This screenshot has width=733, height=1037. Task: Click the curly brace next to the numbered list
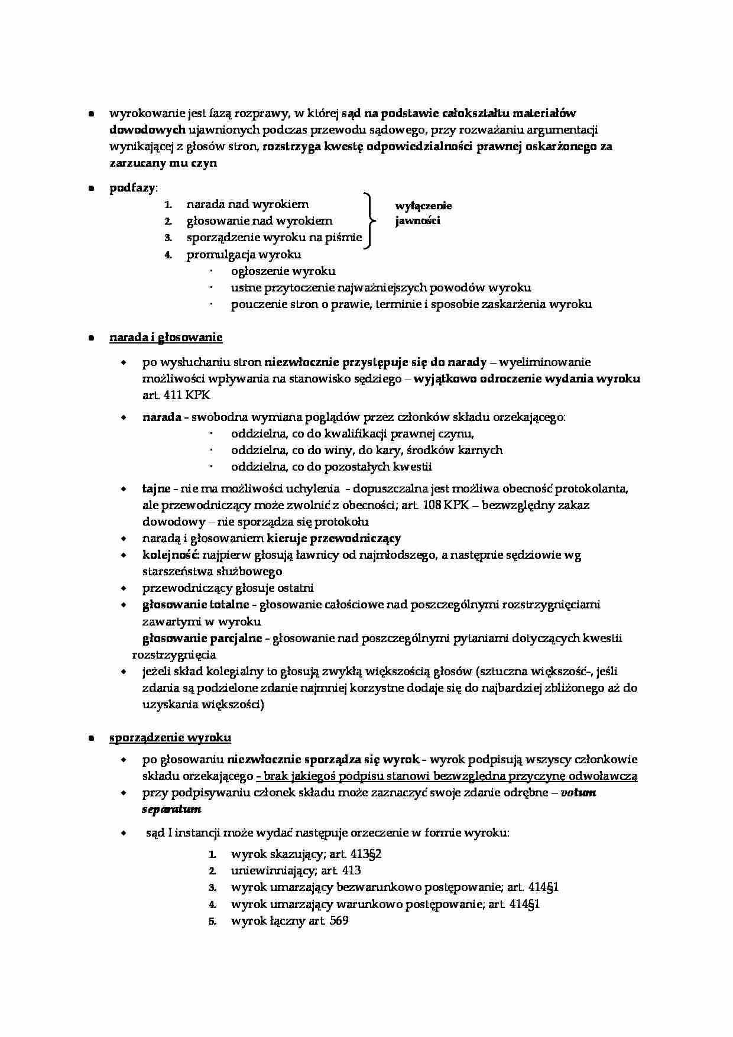point(370,221)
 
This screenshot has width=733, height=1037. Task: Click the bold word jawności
point(418,221)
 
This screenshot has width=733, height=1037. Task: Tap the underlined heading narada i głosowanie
point(166,338)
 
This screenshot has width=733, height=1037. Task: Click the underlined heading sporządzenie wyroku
point(170,737)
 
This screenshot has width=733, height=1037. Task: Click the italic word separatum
point(171,809)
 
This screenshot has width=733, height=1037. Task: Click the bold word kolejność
point(171,555)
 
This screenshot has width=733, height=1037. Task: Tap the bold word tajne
point(156,488)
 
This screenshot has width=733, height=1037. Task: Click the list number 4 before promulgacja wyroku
point(168,255)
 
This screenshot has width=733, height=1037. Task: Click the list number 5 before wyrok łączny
point(212,921)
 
